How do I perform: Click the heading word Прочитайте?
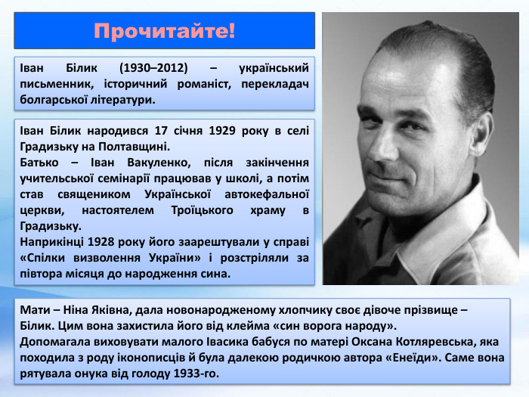(x=165, y=32)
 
